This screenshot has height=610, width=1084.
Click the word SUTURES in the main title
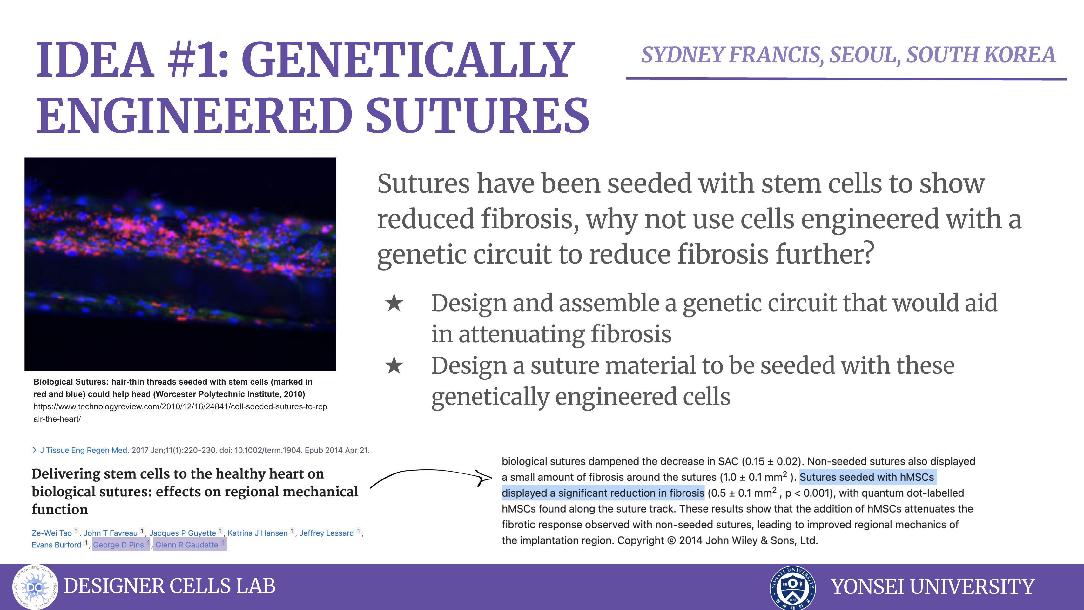pyautogui.click(x=478, y=115)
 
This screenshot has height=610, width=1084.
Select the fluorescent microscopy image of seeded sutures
pyautogui.click(x=180, y=264)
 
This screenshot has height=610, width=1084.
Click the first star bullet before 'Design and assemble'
pyautogui.click(x=394, y=303)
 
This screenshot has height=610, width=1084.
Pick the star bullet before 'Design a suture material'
pyautogui.click(x=394, y=365)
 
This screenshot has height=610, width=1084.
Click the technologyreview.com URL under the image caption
pyautogui.click(x=180, y=413)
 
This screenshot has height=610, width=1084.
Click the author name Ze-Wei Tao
pyautogui.click(x=52, y=533)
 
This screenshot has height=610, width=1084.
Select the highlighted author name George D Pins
pyautogui.click(x=118, y=545)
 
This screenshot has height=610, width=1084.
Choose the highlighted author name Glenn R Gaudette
pyautogui.click(x=187, y=545)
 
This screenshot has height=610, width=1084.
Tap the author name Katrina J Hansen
pyautogui.click(x=258, y=533)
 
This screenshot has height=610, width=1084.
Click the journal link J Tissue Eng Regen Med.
pyautogui.click(x=84, y=450)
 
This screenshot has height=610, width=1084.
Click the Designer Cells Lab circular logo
pyautogui.click(x=35, y=587)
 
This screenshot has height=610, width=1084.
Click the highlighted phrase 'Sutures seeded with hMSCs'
pyautogui.click(x=867, y=477)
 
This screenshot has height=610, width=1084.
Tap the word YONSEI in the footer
pyautogui.click(x=867, y=587)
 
